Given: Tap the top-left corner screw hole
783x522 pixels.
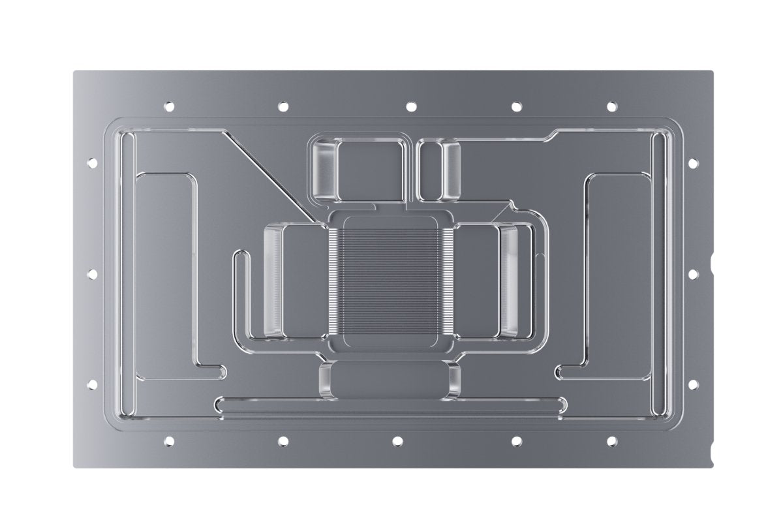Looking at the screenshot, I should pos(169,105).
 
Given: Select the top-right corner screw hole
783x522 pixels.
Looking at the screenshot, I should pos(611,106).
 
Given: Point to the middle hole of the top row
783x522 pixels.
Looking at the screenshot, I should pos(410,106).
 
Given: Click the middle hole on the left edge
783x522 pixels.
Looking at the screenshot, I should pos(91,273).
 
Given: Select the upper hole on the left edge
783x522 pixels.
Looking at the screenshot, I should pos(91,161).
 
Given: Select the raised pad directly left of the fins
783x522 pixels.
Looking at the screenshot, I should pos(292,281).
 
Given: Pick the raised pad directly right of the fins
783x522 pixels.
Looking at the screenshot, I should pos(489,281).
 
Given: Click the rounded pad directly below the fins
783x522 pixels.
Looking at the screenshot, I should pos(390,380).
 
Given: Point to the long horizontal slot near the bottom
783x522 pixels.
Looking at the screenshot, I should pos(390,405).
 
